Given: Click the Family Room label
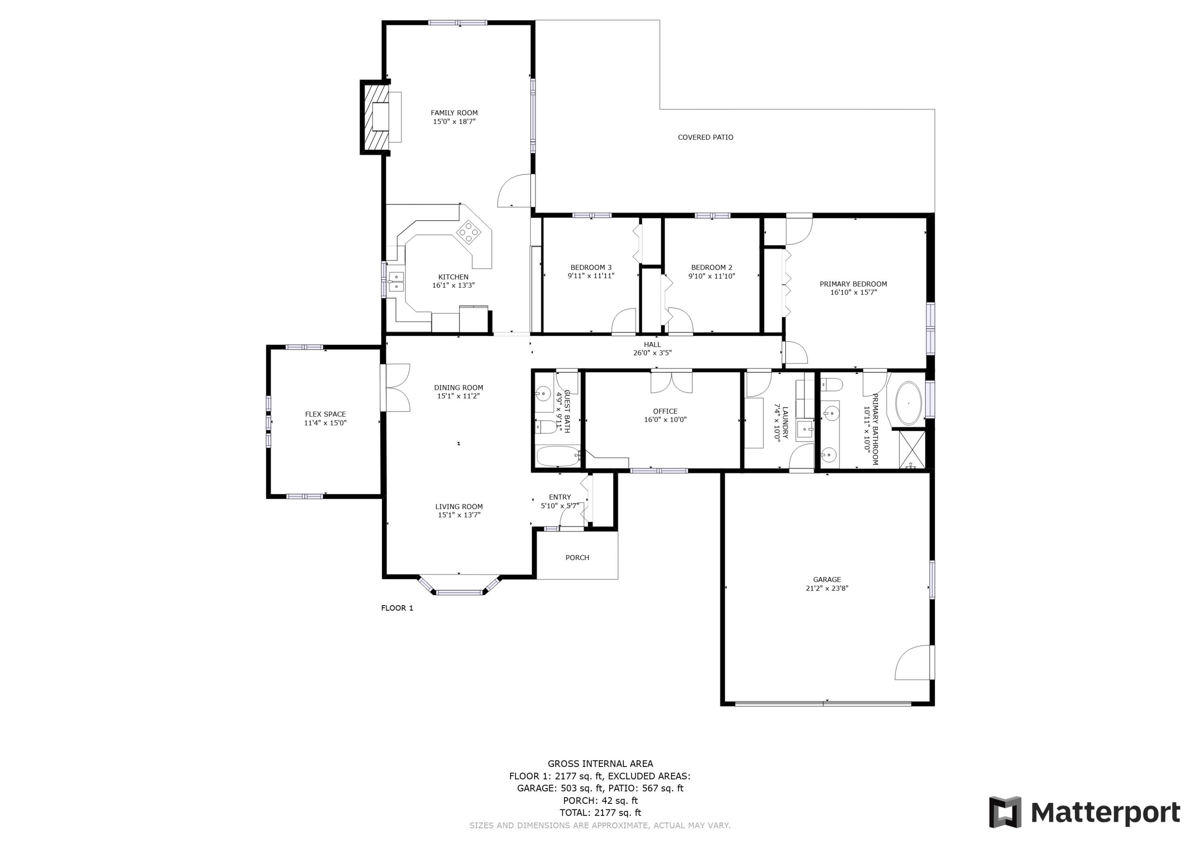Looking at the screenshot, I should coord(454,113).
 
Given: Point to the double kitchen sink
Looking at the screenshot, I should coord(396,281).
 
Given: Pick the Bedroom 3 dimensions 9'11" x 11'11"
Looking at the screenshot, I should coord(590,276).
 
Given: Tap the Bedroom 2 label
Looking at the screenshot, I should coord(711,267).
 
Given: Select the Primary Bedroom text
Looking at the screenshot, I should coord(853,284).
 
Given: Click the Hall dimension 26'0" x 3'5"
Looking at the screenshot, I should coord(652,353).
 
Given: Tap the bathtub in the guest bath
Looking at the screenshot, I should coord(558,456).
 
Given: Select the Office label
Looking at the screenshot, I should coord(665,411).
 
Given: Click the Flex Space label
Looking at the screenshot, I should coord(325,414).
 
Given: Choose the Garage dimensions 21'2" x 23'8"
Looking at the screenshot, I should coord(826,588).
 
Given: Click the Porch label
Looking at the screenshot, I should coord(577,558).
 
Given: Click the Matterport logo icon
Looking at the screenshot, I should coord(1004,813).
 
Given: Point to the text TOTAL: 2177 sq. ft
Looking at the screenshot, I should coord(600,813).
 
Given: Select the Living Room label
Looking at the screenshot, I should coord(459,506).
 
